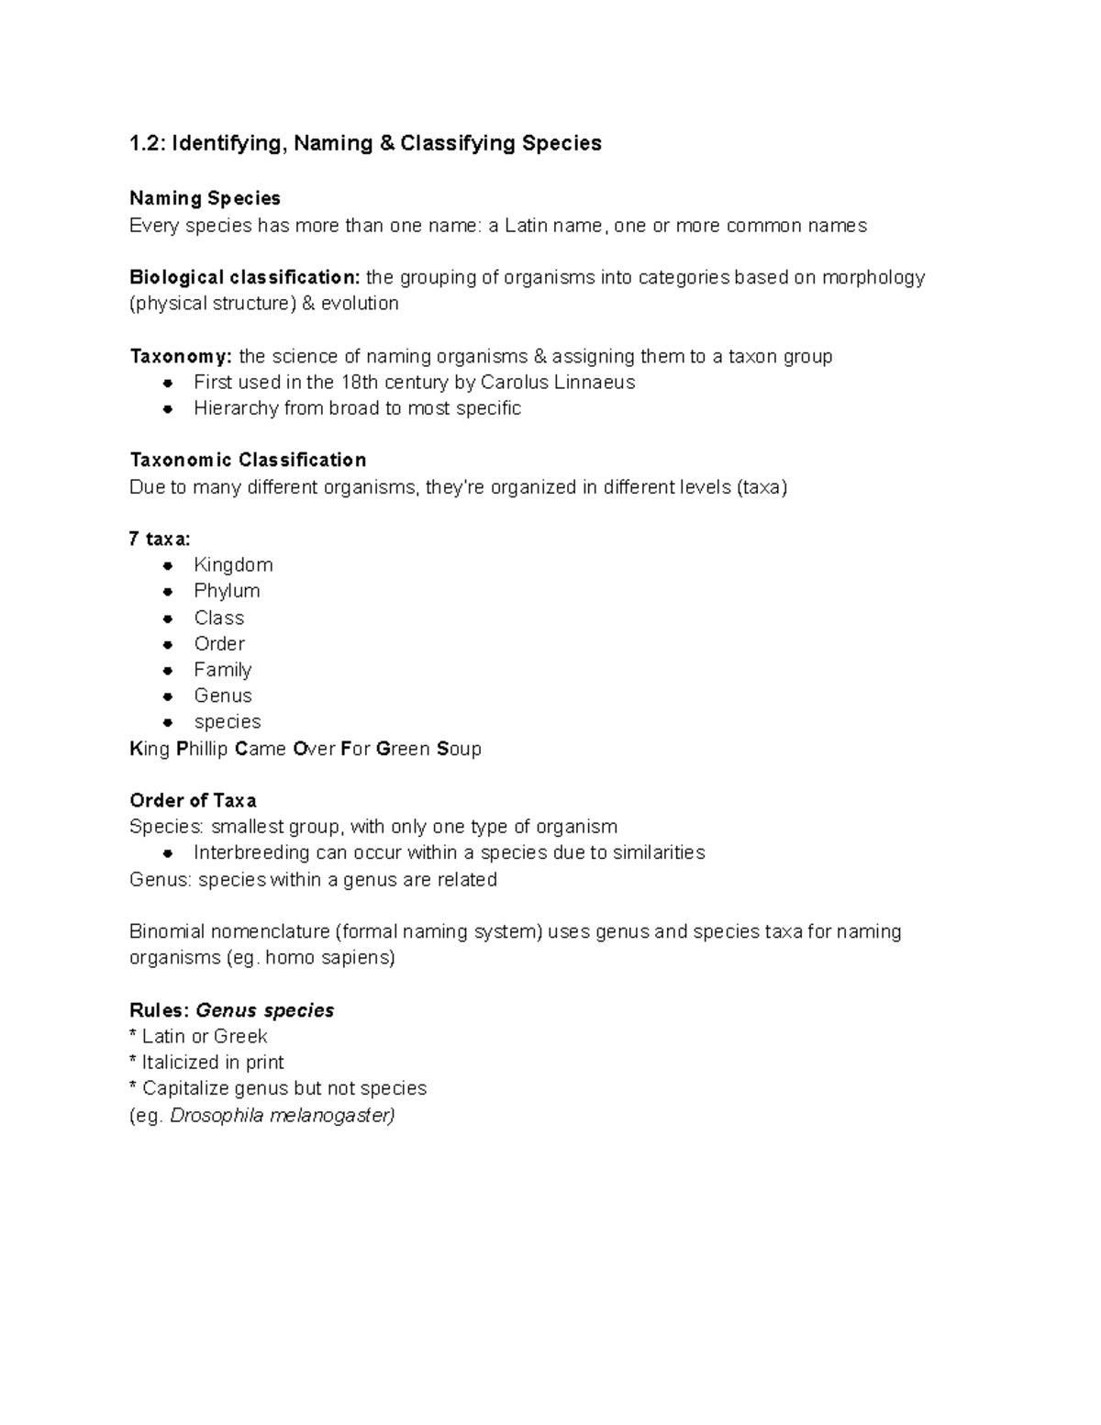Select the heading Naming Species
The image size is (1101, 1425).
point(205,198)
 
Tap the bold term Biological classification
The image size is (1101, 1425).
point(245,277)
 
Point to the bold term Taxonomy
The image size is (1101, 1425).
point(181,356)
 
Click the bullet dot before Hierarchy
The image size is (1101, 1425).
point(168,409)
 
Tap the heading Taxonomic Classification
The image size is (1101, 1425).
point(248,460)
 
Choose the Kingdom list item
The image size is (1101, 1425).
point(233,564)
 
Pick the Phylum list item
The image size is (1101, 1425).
point(227,590)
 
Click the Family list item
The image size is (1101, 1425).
point(222,670)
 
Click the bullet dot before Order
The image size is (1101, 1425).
point(168,644)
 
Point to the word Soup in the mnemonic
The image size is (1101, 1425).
point(459,749)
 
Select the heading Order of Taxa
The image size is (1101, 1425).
point(193,800)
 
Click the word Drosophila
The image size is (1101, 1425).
point(217,1116)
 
